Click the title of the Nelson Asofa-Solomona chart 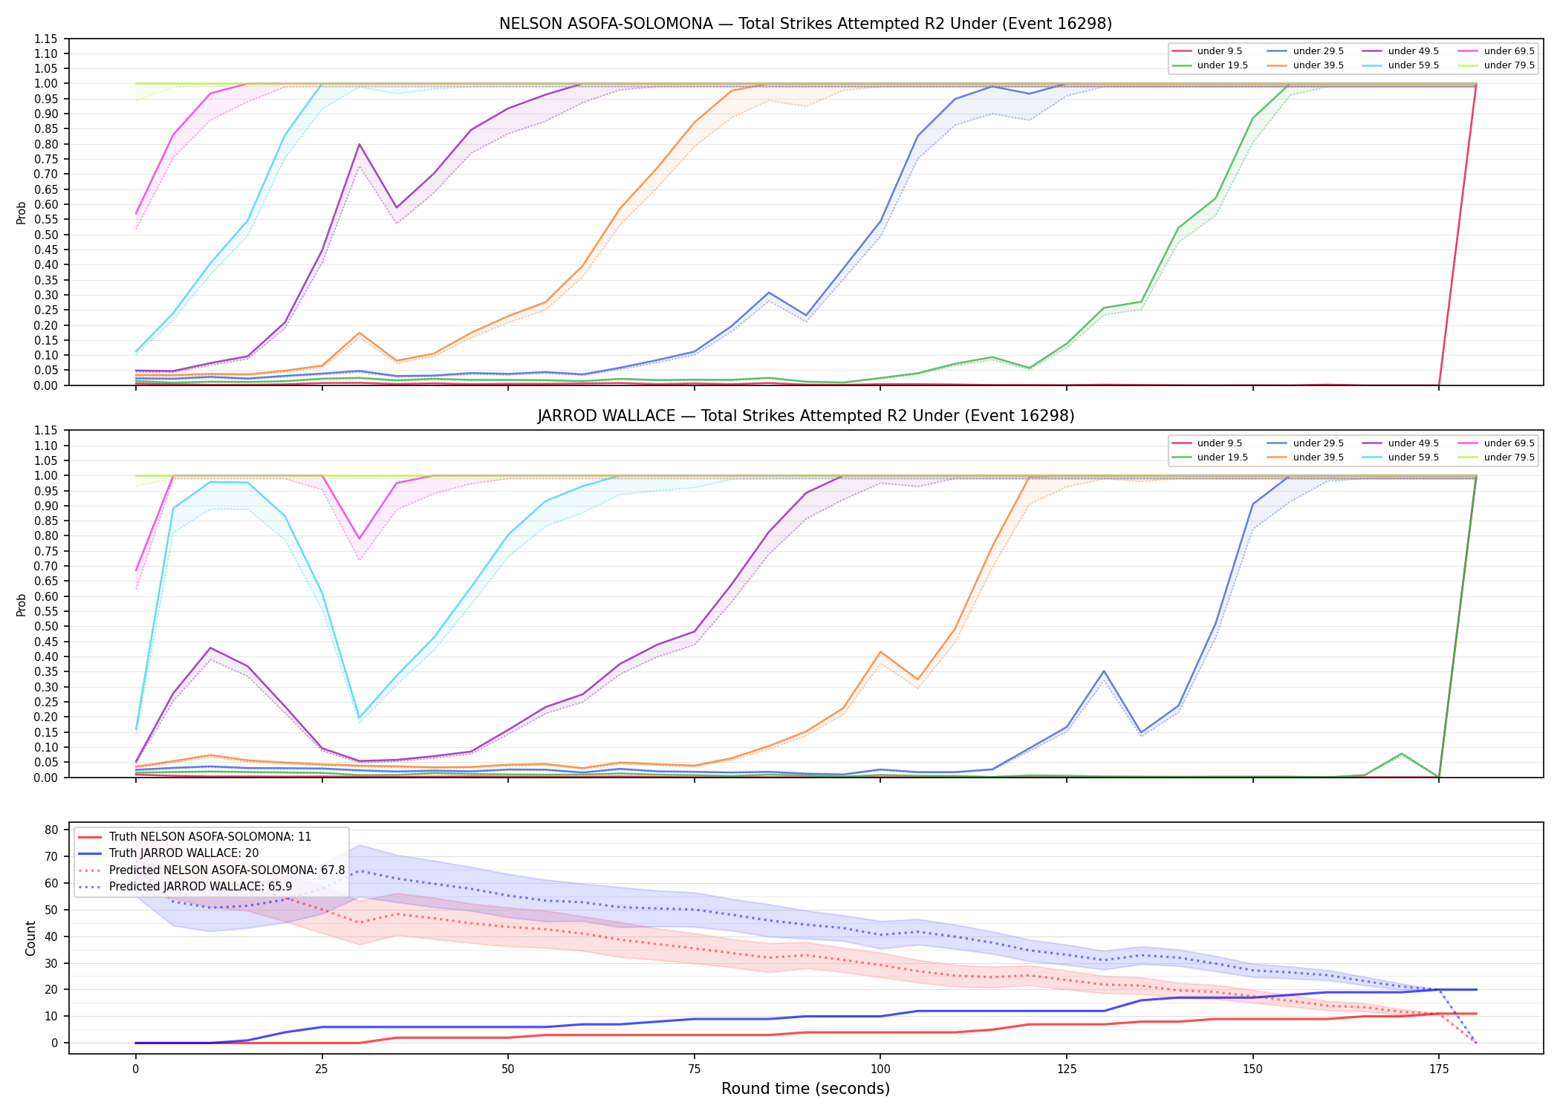click(x=805, y=24)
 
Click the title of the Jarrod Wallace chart click(x=805, y=416)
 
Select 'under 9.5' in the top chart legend click(x=1219, y=51)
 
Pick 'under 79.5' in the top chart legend click(x=1509, y=65)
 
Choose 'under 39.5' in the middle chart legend click(x=1318, y=457)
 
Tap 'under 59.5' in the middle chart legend click(x=1413, y=457)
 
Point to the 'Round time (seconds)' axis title click(x=805, y=1089)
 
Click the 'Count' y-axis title click(x=30, y=938)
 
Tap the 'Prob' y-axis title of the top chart click(x=22, y=212)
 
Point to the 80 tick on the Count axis click(x=52, y=830)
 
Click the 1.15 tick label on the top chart click(x=46, y=39)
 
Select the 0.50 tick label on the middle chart click(x=46, y=627)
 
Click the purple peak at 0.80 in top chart click(x=360, y=144)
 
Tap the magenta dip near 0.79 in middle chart click(x=360, y=538)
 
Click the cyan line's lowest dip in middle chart click(x=360, y=717)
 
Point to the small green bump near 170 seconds click(x=1402, y=754)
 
